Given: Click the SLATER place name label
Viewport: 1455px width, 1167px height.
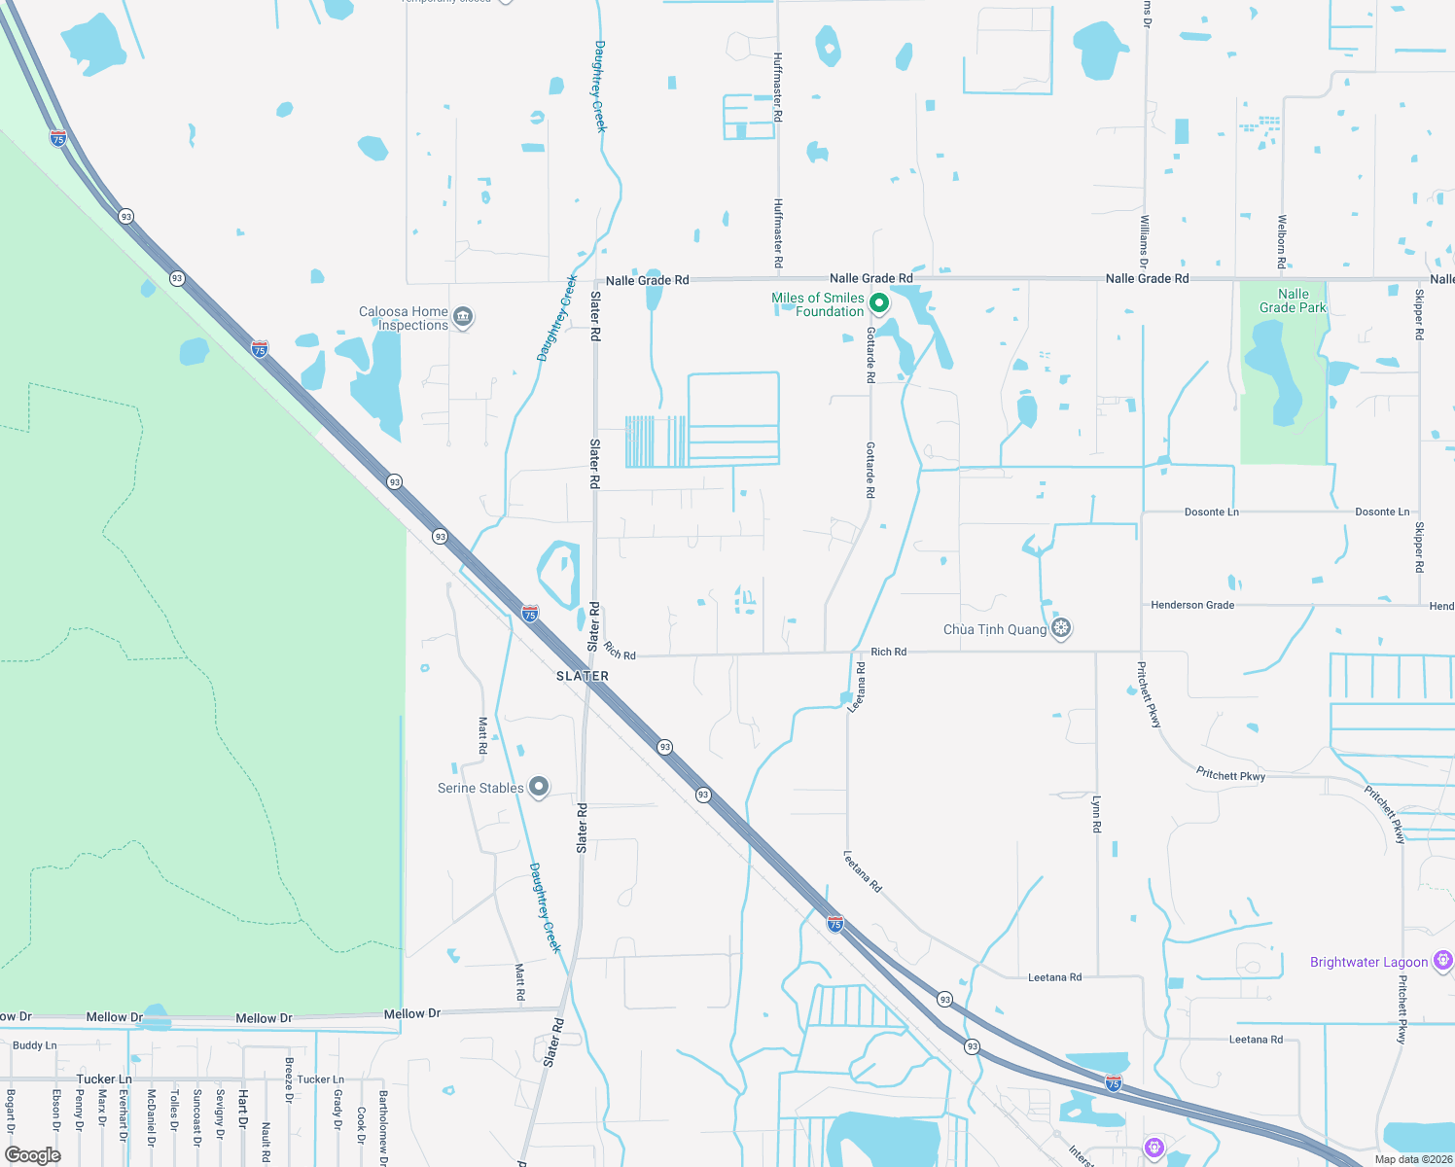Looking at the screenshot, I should click(x=583, y=676).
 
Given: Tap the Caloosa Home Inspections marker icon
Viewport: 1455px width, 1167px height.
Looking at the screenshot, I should click(x=464, y=317).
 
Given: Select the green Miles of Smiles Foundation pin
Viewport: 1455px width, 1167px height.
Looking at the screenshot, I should click(x=878, y=303).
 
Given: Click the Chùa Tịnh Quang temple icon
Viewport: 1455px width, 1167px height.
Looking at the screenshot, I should click(x=1061, y=628).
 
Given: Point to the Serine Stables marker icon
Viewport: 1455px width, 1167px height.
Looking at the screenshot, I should click(x=539, y=787).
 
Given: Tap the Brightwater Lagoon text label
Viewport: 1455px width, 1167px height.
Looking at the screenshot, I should click(x=1368, y=962).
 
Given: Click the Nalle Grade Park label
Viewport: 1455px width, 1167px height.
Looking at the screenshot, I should click(x=1293, y=301).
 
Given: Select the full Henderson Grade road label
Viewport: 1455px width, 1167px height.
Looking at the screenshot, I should click(x=1192, y=605).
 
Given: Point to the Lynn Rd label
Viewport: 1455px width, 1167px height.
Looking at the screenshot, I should click(x=1097, y=814).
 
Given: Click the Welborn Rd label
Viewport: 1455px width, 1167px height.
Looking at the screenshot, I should click(x=1282, y=241).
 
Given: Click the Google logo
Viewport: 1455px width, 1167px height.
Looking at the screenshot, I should click(x=33, y=1154).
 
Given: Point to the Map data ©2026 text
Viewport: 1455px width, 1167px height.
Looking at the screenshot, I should click(x=1413, y=1159).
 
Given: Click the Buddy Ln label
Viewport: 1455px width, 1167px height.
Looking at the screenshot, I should click(x=34, y=1045).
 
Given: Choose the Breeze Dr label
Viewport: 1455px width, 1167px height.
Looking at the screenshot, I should click(x=289, y=1080).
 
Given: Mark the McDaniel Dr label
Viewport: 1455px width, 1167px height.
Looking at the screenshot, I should click(x=151, y=1117).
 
